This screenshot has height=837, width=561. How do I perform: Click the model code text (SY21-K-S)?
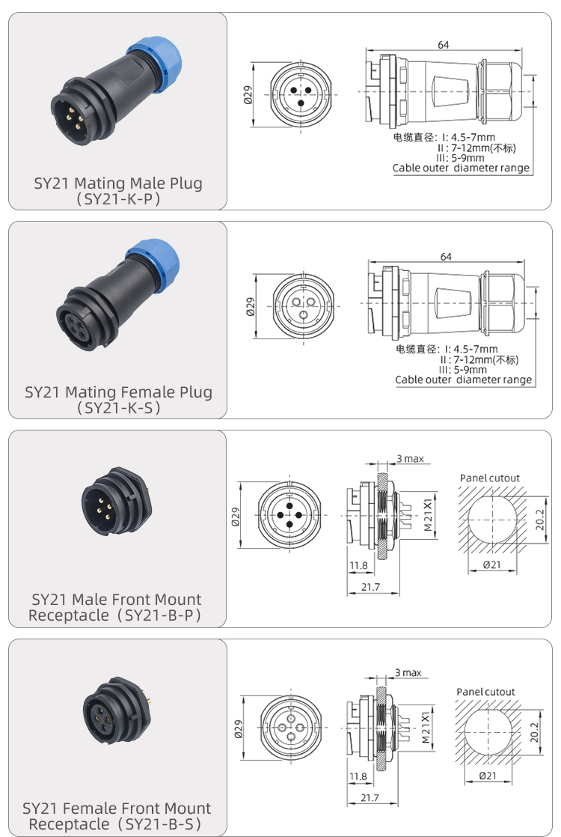click(118, 408)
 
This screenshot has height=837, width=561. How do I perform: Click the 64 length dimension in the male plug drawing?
click(444, 45)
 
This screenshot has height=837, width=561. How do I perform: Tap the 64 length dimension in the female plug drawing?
click(446, 257)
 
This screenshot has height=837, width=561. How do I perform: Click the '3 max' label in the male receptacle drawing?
click(410, 458)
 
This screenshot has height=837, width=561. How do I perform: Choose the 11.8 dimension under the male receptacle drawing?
click(358, 566)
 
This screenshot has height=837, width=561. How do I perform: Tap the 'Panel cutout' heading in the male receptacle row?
click(489, 478)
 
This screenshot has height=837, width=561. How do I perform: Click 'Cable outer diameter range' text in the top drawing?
click(462, 168)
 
